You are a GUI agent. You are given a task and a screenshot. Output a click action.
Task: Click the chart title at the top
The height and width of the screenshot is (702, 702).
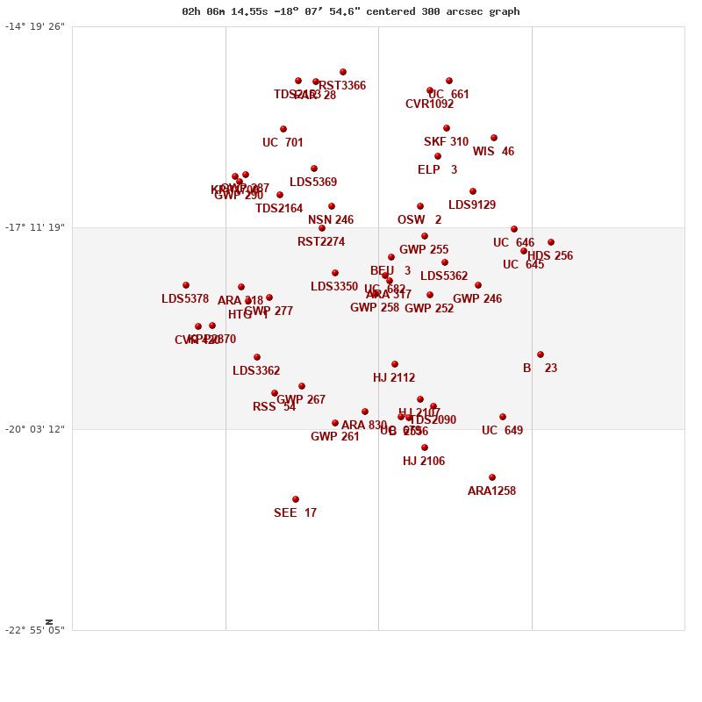pyautogui.click(x=350, y=11)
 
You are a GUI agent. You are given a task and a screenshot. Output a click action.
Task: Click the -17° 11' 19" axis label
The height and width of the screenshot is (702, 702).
pyautogui.click(x=35, y=227)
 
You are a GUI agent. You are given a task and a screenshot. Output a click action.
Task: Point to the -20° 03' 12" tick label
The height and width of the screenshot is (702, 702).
pyautogui.click(x=35, y=428)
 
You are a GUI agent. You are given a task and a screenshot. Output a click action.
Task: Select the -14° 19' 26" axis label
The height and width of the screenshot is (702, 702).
pyautogui.click(x=35, y=26)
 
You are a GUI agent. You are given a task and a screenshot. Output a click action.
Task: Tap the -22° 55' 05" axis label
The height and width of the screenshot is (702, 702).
pyautogui.click(x=35, y=630)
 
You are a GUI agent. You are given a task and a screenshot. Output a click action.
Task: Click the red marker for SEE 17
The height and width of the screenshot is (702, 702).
pyautogui.click(x=296, y=499)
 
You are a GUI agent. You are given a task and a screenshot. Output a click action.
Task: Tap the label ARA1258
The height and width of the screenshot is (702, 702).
pyautogui.click(x=491, y=491)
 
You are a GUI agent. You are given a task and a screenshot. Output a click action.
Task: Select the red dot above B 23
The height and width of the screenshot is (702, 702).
pyautogui.click(x=541, y=355)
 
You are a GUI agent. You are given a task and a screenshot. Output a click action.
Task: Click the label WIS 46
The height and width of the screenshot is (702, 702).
pyautogui.click(x=493, y=152)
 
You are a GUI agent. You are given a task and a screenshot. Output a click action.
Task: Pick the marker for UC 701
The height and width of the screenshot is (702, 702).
pyautogui.click(x=283, y=129)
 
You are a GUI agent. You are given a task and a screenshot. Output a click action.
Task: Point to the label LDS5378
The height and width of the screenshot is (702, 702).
pyautogui.click(x=185, y=299)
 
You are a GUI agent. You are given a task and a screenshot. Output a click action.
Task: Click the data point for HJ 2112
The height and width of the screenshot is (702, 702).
pyautogui.click(x=395, y=364)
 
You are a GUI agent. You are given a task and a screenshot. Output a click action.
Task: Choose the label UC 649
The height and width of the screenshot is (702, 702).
pyautogui.click(x=502, y=431)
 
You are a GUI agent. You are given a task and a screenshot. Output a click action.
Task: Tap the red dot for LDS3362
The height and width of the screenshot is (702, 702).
pyautogui.click(x=257, y=357)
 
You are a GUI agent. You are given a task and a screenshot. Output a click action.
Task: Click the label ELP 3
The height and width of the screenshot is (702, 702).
pyautogui.click(x=437, y=170)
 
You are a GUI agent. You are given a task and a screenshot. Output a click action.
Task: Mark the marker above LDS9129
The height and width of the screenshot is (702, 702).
pyautogui.click(x=473, y=191)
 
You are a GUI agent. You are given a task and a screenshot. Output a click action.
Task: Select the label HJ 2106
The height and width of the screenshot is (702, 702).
pyautogui.click(x=424, y=462)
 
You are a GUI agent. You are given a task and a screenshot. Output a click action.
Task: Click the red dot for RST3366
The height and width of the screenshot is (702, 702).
pyautogui.click(x=343, y=72)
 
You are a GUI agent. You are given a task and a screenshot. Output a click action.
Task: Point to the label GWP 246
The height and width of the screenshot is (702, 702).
pyautogui.click(x=477, y=299)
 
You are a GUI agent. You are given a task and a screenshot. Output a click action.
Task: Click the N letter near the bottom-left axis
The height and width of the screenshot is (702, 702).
pyautogui.click(x=49, y=622)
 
